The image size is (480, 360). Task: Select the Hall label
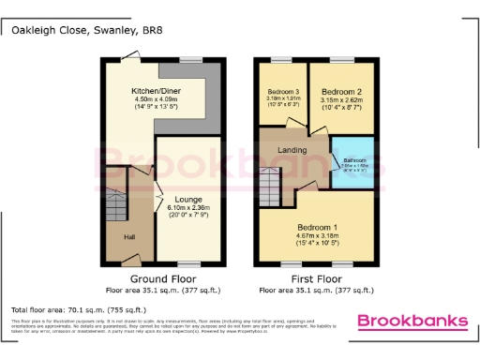coord(129,237)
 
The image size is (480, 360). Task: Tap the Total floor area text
coord(78,309)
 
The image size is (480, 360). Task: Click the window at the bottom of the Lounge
coord(190,263)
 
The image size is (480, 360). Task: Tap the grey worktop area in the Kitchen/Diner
coord(211,94)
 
